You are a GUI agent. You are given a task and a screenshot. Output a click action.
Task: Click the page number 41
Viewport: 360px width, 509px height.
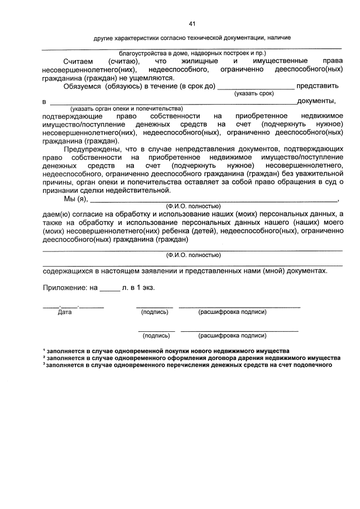click(192, 24)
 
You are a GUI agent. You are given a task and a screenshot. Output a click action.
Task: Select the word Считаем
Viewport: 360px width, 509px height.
click(76, 61)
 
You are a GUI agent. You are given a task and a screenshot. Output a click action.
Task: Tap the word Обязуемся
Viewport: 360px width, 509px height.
click(82, 86)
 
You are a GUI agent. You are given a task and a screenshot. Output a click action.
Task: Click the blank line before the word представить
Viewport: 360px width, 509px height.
click(255, 86)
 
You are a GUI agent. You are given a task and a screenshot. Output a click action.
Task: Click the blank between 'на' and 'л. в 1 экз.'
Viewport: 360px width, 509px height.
click(109, 288)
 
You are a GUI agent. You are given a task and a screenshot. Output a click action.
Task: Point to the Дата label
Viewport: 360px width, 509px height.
click(65, 312)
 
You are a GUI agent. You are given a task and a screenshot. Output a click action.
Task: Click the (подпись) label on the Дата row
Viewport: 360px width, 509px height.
click(155, 312)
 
